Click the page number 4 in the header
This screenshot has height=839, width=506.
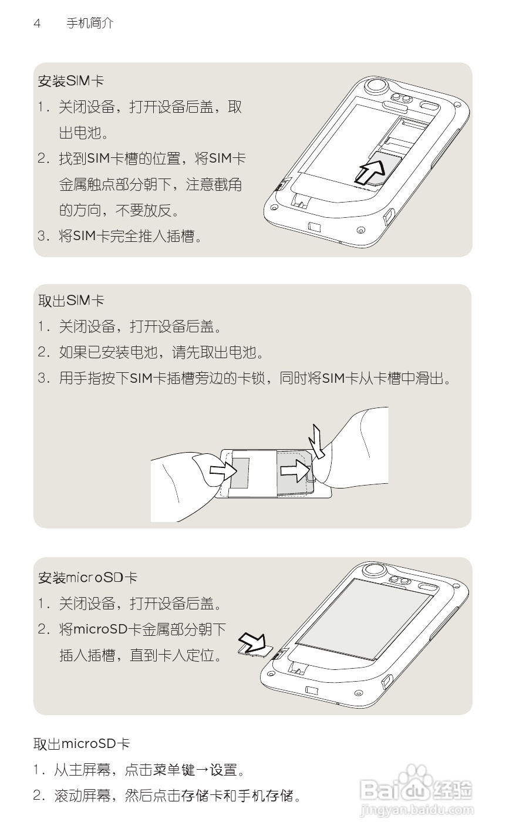tap(37, 23)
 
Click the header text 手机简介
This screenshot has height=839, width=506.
tap(90, 23)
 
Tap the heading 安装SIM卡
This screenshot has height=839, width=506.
tap(71, 81)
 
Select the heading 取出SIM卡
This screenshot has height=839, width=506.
tap(71, 301)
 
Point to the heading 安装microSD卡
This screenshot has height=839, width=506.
tap(87, 578)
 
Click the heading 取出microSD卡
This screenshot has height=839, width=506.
tap(82, 744)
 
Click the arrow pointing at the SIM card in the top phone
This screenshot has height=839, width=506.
tap(370, 171)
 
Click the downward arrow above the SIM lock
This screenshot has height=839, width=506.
tap(319, 442)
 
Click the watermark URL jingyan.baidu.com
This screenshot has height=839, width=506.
tap(417, 810)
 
